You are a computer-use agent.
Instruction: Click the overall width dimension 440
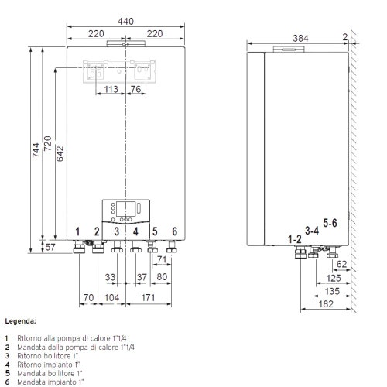[x=125, y=22]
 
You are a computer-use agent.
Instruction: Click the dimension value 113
[x=111, y=90]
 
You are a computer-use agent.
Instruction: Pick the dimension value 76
[x=136, y=90]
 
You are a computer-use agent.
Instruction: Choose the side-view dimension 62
[x=341, y=264]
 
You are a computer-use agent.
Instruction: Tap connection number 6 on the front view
[x=174, y=231]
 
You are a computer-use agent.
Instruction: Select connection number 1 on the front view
[x=77, y=231]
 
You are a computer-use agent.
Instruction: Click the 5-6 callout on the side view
[x=330, y=223]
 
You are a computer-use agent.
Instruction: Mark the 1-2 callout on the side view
[x=294, y=238]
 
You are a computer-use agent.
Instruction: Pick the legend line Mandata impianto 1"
[x=50, y=382]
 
